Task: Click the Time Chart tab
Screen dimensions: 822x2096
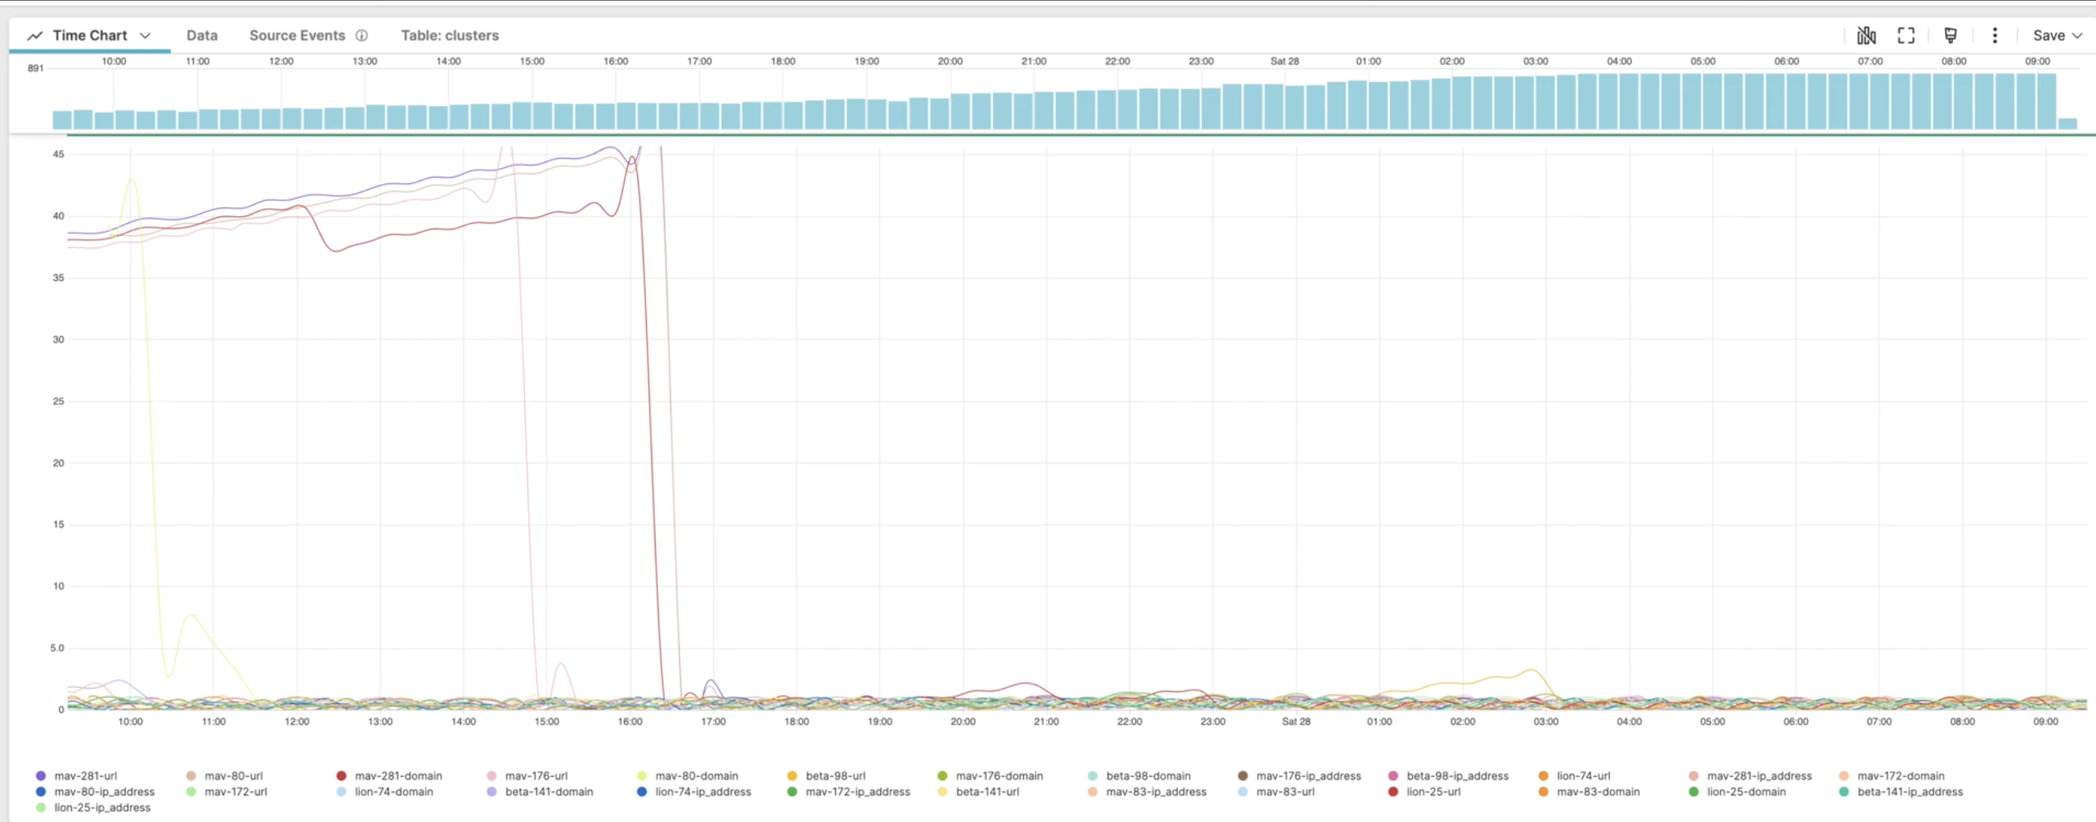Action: (x=90, y=36)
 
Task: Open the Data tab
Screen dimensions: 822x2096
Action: (x=202, y=36)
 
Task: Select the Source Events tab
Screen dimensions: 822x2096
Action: (x=297, y=36)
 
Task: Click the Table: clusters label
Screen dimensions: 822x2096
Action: (x=449, y=36)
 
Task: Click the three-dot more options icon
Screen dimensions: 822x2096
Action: (x=1994, y=36)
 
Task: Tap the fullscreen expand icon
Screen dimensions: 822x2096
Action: (x=1905, y=36)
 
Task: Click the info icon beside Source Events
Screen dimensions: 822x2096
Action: (x=362, y=36)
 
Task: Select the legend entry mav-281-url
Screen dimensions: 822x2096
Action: (x=86, y=776)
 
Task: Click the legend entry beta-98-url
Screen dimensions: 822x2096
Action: (x=835, y=776)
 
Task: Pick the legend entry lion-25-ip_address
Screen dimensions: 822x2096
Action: (x=102, y=807)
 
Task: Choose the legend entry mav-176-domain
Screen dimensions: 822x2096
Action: (x=999, y=776)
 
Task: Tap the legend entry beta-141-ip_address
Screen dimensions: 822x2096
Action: (x=1909, y=792)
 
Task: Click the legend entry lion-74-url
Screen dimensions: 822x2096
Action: (x=1582, y=776)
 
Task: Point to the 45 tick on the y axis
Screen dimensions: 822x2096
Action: (x=59, y=153)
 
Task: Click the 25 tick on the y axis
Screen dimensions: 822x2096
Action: (x=59, y=401)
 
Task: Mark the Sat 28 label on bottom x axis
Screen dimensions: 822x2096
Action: (x=1295, y=722)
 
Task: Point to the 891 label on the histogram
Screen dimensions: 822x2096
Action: (x=36, y=69)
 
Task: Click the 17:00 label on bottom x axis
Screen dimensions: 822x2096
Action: (x=713, y=722)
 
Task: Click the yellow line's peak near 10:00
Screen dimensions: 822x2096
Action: (x=132, y=178)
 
